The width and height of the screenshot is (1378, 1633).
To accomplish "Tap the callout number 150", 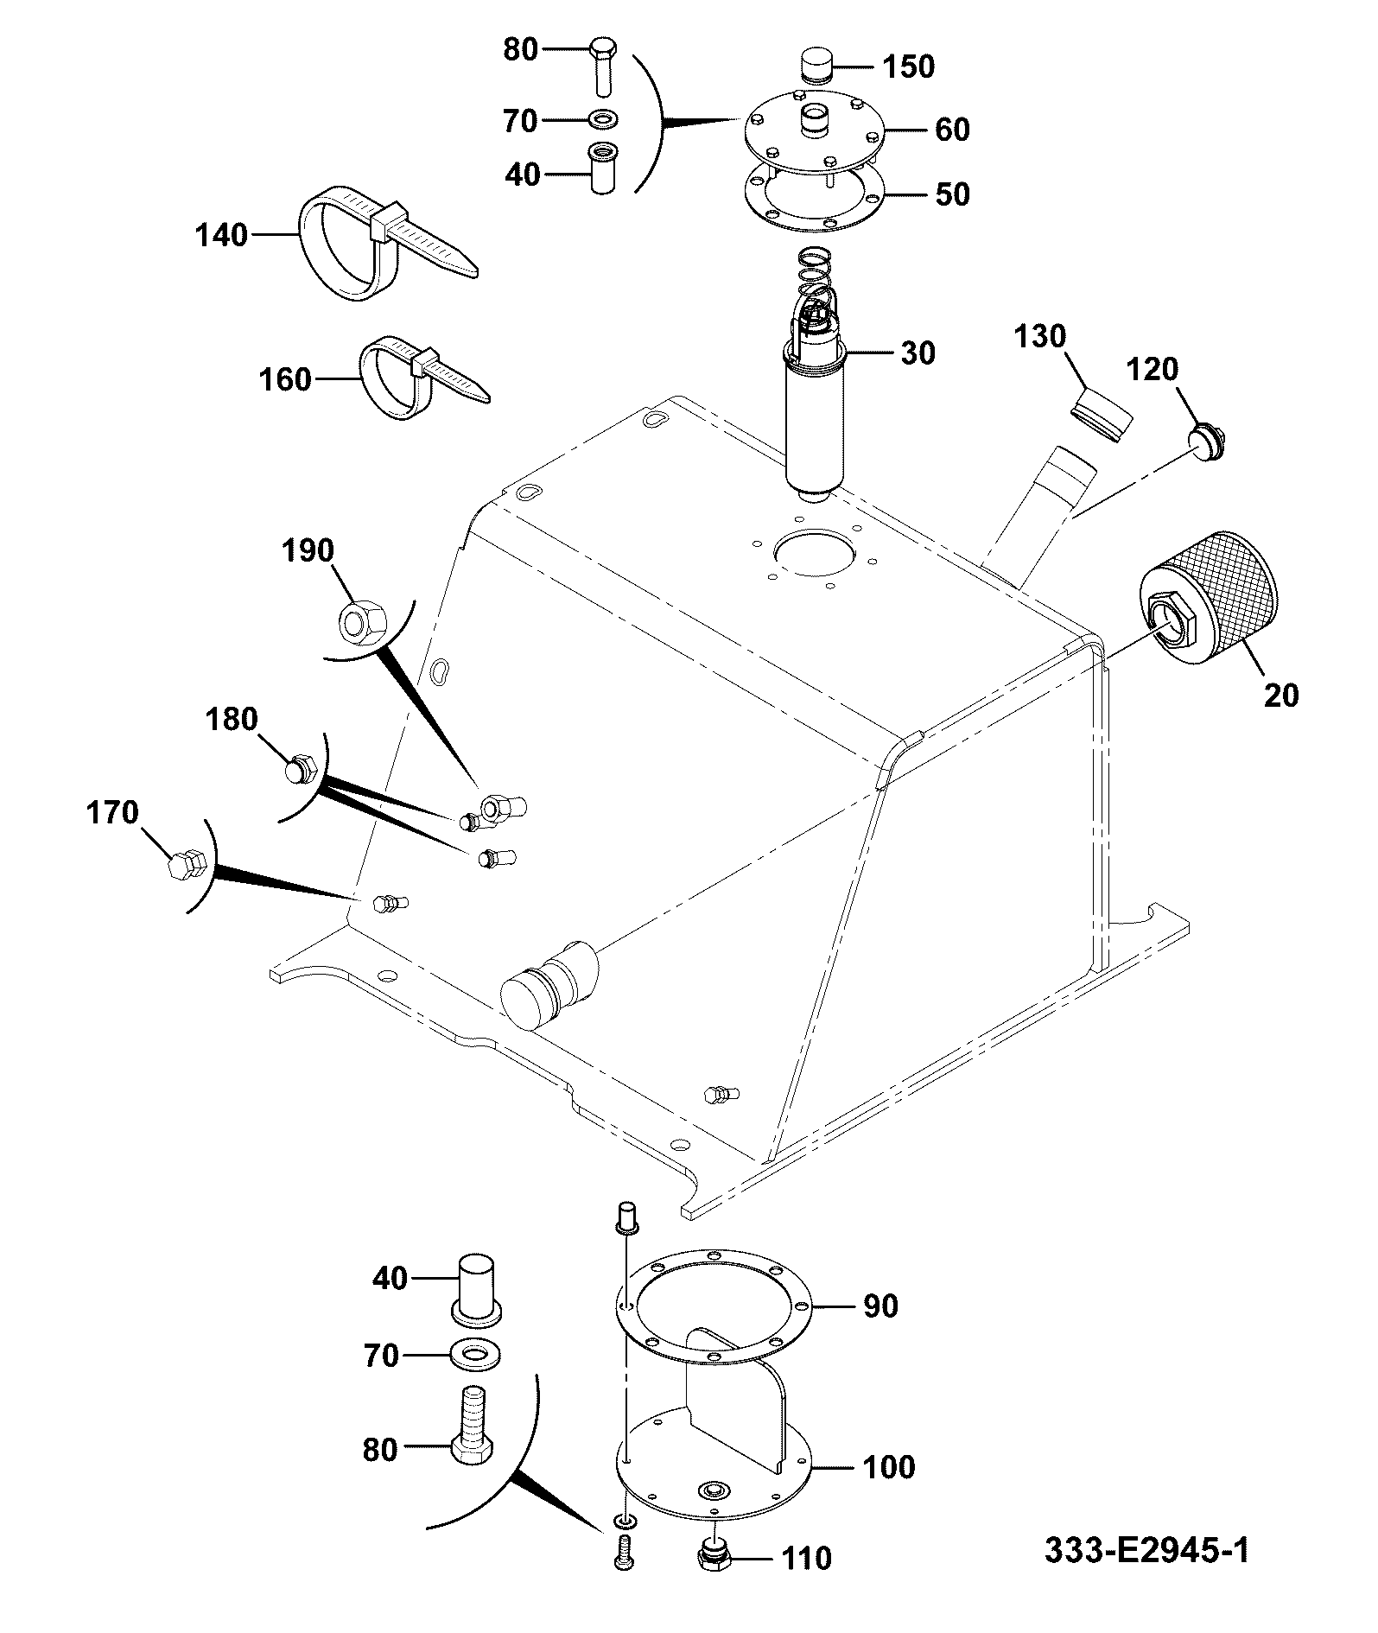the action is (908, 67).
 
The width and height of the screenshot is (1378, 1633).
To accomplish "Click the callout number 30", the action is (918, 353).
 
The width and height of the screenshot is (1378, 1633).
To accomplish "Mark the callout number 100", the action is (888, 1466).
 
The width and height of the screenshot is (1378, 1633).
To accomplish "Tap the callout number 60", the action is (952, 130).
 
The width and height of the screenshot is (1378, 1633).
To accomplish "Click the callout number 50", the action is (952, 194).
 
